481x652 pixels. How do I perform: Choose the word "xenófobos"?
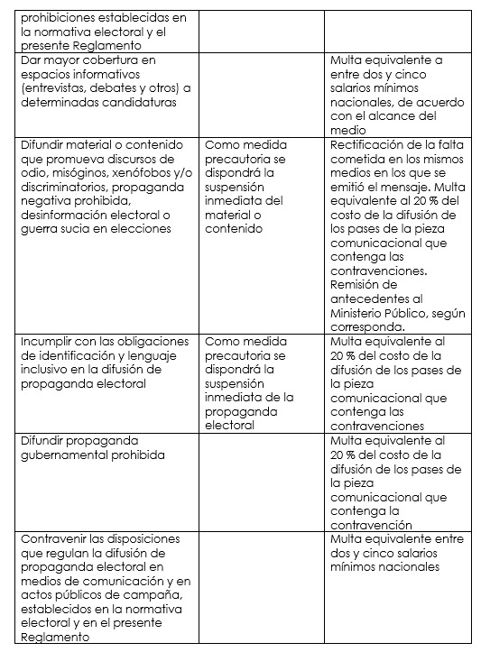point(151,172)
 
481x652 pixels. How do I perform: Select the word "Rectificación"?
point(369,144)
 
